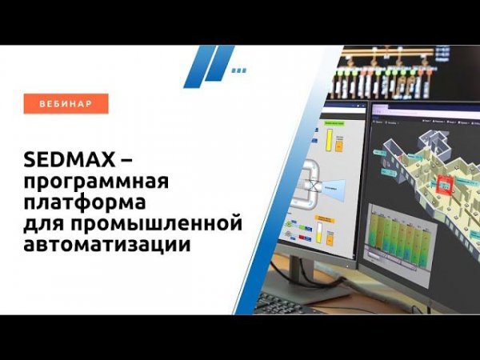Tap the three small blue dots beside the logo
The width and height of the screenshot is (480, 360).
click(x=238, y=70)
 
